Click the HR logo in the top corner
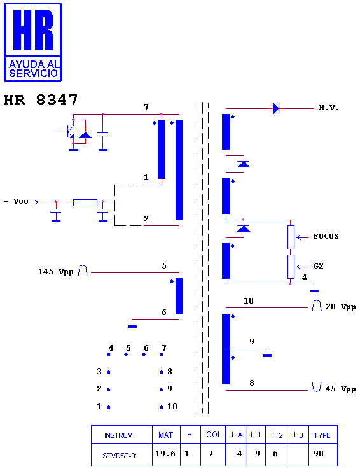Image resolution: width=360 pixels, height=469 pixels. click(32, 42)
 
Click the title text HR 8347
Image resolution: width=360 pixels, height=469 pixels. click(41, 100)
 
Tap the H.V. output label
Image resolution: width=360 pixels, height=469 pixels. click(329, 108)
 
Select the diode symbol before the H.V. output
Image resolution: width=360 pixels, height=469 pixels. click(276, 108)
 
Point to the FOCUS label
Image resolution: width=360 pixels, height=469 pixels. click(326, 236)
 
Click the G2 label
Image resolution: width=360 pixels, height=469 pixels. click(319, 266)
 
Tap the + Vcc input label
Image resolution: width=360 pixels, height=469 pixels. click(16, 201)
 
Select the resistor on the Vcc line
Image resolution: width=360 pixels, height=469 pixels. click(85, 202)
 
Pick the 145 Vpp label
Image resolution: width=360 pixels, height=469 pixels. click(55, 272)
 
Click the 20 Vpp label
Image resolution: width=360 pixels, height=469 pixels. click(340, 307)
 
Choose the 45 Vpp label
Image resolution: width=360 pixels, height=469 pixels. click(340, 389)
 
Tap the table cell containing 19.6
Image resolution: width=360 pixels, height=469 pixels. click(166, 454)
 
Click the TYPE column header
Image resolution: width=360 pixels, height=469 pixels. click(322, 435)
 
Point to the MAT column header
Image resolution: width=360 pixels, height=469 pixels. click(166, 435)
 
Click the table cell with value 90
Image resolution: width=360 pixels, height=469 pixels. click(322, 454)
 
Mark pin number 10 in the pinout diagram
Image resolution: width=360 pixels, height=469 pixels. click(172, 407)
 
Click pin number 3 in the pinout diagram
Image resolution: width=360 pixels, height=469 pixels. click(99, 372)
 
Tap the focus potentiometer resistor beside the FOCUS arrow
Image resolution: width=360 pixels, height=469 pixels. click(291, 237)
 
